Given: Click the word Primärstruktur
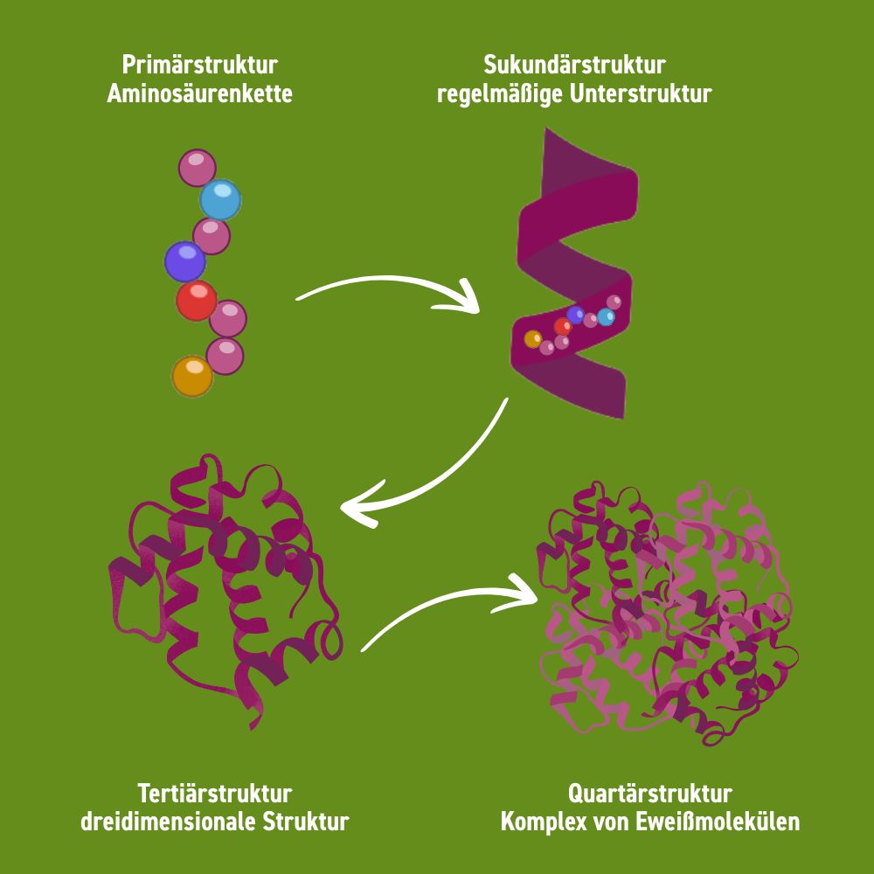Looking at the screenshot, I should pyautogui.click(x=199, y=66).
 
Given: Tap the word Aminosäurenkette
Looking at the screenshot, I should pyautogui.click(x=199, y=94).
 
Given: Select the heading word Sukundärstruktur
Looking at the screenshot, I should pyautogui.click(x=574, y=66).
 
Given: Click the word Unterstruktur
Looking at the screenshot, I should pyautogui.click(x=641, y=94).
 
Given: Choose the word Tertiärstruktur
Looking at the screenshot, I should pyautogui.click(x=214, y=794).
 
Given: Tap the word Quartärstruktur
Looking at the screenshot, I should pyautogui.click(x=649, y=794).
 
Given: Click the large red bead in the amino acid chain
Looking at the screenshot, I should pyautogui.click(x=196, y=300).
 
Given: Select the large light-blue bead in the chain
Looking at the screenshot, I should pyautogui.click(x=219, y=200).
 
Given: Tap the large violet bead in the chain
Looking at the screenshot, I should pyautogui.click(x=185, y=261).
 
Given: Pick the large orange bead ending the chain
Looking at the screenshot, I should pyautogui.click(x=191, y=376).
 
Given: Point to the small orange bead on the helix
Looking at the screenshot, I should pyautogui.click(x=532, y=339).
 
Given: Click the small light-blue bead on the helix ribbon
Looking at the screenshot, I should pyautogui.click(x=606, y=317).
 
